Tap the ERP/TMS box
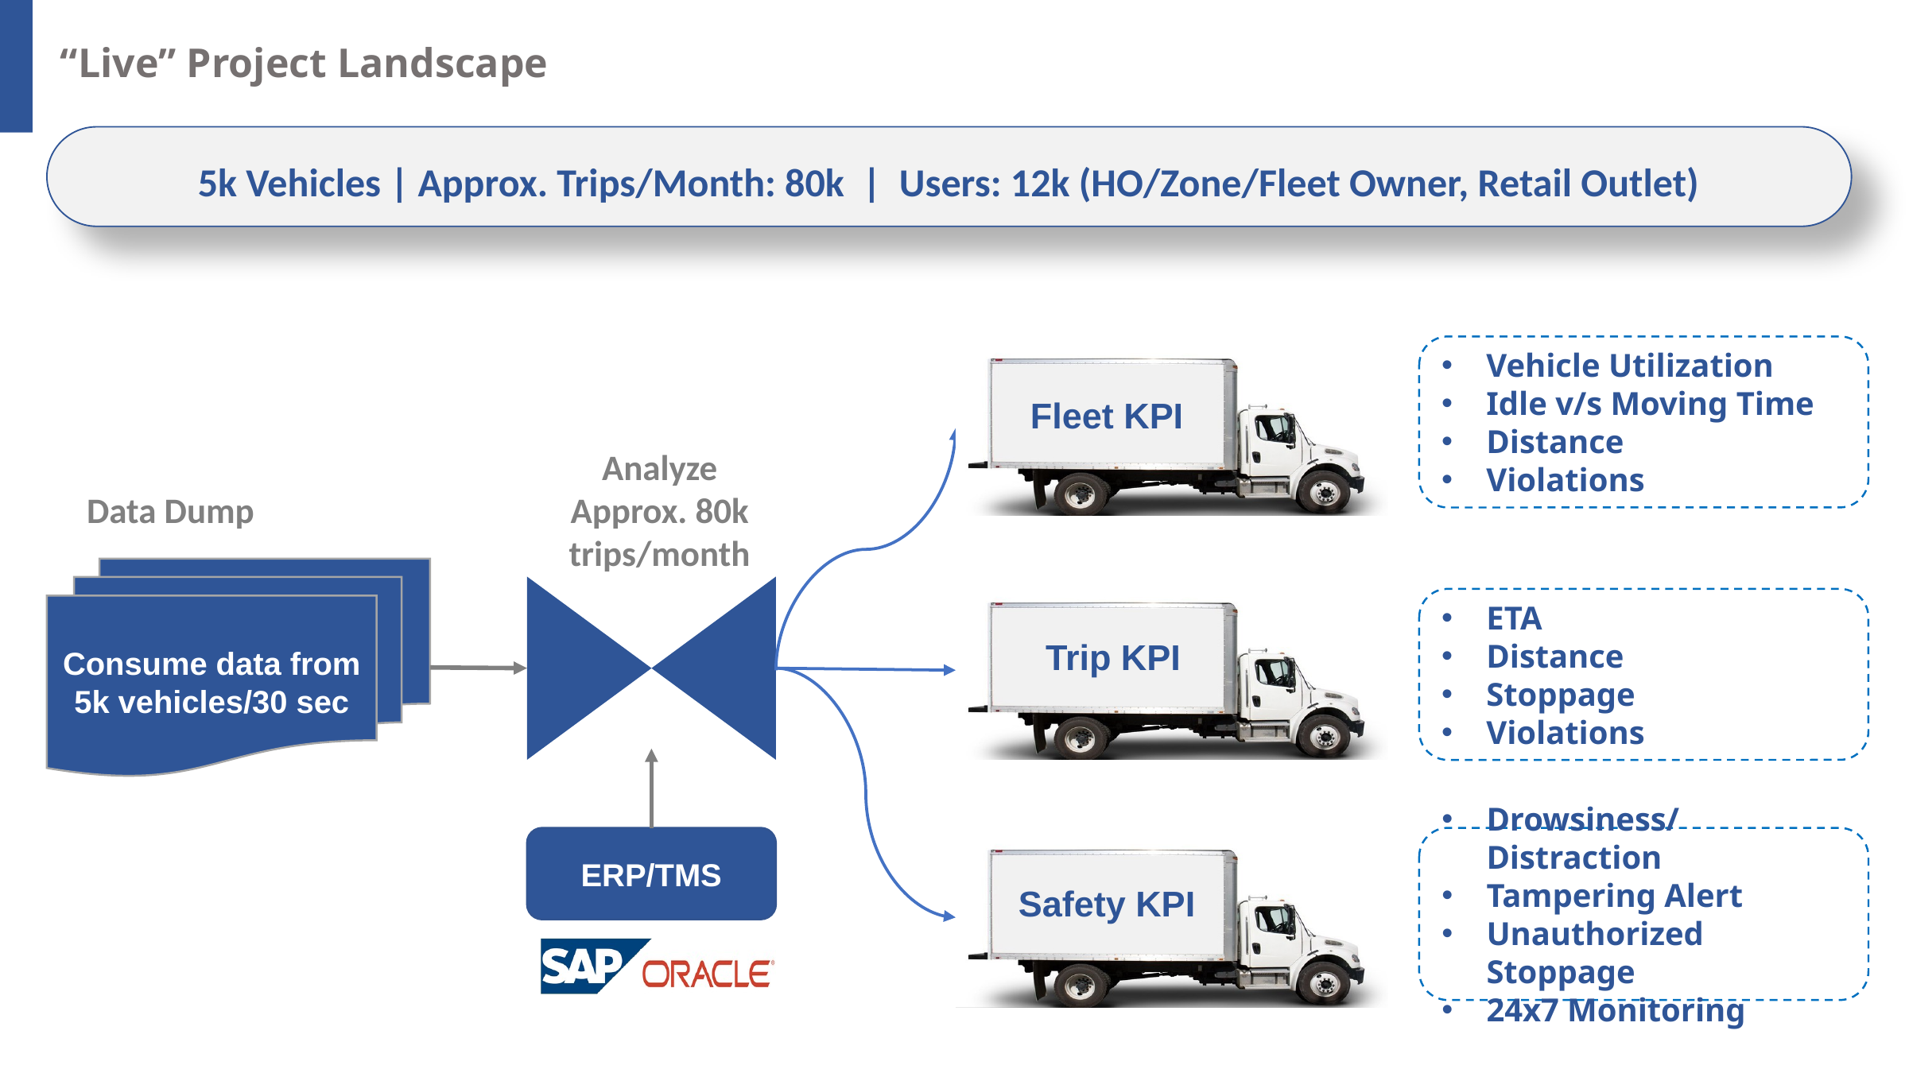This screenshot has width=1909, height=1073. [651, 875]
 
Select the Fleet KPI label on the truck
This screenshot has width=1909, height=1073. [1106, 416]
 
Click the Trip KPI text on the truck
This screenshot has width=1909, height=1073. [1112, 658]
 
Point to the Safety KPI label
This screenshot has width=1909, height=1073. [1106, 904]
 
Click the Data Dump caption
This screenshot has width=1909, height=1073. [170, 512]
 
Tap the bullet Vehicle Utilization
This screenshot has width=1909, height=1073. [1629, 366]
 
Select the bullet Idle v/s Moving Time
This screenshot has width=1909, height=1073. [1649, 404]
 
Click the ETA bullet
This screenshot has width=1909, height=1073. [1514, 618]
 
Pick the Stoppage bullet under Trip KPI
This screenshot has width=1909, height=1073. [1560, 695]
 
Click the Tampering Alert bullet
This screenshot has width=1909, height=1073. [1614, 896]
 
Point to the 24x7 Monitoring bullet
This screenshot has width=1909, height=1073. [1615, 1010]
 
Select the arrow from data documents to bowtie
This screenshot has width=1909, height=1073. [477, 668]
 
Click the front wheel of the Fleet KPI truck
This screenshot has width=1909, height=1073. [1325, 493]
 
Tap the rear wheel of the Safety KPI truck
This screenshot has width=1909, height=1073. [1080, 986]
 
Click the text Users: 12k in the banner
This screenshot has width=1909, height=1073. [984, 184]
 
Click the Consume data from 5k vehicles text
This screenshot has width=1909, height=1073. [211, 683]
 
